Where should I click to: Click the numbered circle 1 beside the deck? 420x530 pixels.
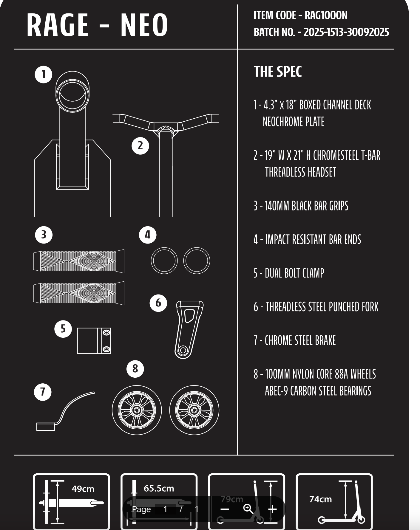[x=44, y=74]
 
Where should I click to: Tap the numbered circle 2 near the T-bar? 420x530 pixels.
[x=140, y=146]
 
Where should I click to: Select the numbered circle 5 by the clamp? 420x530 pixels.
[x=63, y=329]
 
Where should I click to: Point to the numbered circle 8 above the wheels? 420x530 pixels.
[x=135, y=369]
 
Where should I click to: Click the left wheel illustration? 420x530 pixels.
[x=137, y=410]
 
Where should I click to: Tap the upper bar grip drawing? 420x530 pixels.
[x=79, y=261]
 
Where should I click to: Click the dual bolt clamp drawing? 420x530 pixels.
[x=94, y=341]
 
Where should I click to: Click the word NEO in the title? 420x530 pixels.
[x=144, y=25]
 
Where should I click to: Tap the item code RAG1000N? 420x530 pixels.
[x=326, y=15]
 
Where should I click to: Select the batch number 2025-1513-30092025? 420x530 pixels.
[x=346, y=32]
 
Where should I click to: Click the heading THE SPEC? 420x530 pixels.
[x=278, y=72]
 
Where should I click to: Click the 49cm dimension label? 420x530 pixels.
[x=83, y=489]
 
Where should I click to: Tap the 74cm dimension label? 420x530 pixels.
[x=321, y=499]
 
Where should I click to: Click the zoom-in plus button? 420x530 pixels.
[x=272, y=509]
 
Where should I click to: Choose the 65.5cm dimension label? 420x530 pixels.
[x=159, y=489]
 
